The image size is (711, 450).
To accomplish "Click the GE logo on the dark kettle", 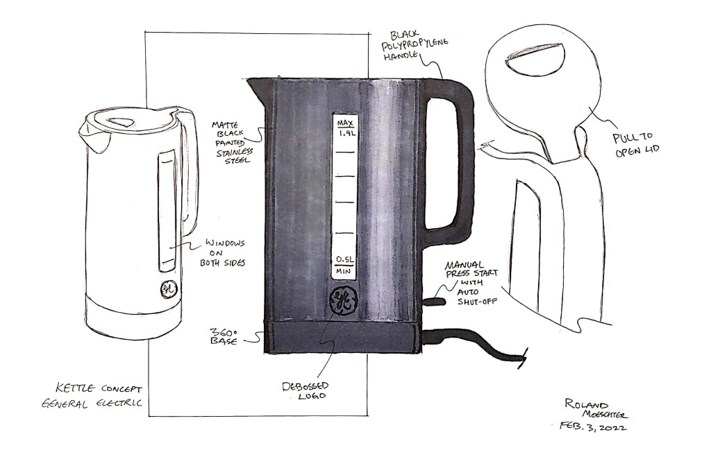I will click(342, 300).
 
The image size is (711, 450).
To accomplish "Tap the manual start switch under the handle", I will click(433, 302).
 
